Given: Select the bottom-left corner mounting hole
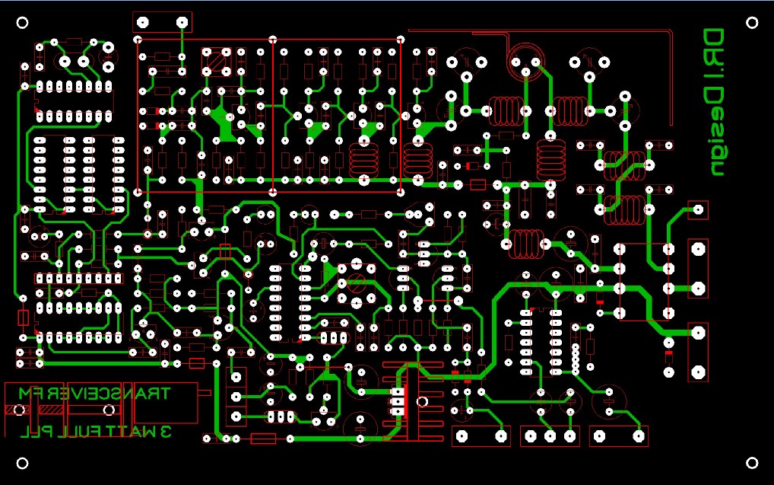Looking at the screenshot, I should point(23,463).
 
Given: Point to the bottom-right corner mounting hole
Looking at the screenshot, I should point(752,463).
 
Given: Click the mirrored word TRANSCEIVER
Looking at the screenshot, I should point(109,394).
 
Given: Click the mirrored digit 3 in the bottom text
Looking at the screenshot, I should point(165,432).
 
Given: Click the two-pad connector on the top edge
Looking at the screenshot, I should point(162,22).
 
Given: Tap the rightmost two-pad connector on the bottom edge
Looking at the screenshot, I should point(620,436).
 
